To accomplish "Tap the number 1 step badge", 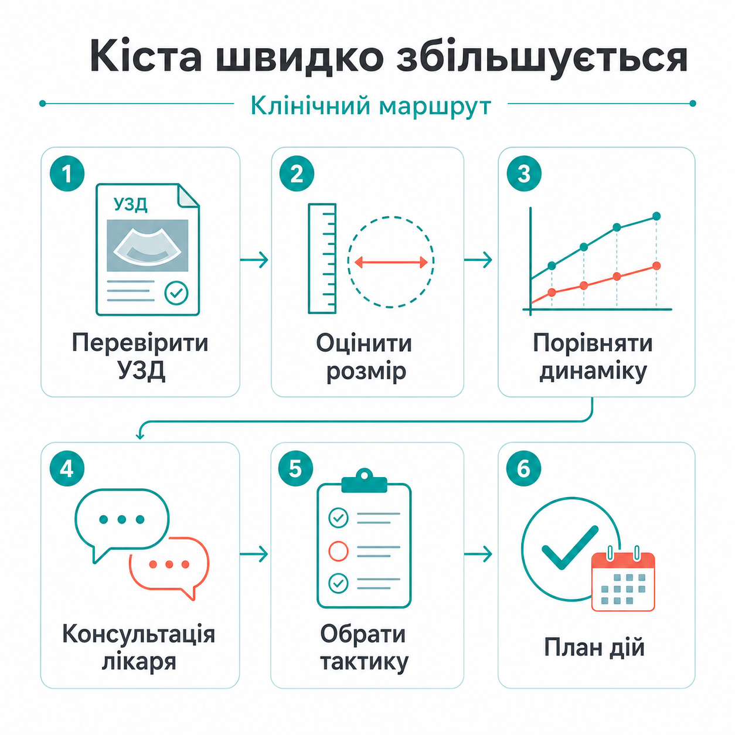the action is (x=67, y=173).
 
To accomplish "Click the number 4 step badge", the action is (x=67, y=469).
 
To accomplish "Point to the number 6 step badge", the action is (x=523, y=469).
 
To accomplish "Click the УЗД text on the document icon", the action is (x=131, y=205).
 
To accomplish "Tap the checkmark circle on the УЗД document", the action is (x=176, y=293).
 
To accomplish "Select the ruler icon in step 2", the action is (x=322, y=258).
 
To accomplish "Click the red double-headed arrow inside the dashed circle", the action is (x=391, y=262).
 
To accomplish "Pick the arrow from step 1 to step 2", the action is (x=254, y=260).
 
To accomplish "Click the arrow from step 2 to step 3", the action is (x=478, y=260).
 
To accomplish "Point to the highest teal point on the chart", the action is (x=656, y=216).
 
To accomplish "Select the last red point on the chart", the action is (x=656, y=266).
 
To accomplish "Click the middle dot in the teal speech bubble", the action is (x=122, y=519).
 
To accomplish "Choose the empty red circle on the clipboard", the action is (x=338, y=551).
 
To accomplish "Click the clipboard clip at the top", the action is (x=364, y=481).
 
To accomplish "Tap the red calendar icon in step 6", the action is (x=623, y=579).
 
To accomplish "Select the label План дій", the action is (x=594, y=647).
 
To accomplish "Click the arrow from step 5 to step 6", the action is (x=478, y=554).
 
